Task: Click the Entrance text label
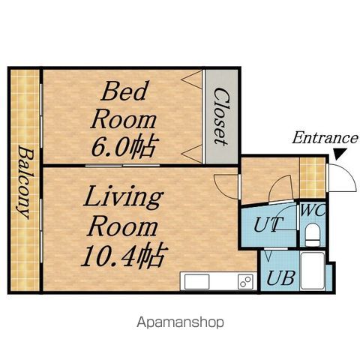click(325, 138)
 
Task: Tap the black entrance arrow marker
click(340, 154)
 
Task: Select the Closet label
click(221, 116)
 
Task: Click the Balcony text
click(25, 182)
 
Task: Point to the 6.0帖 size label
click(125, 147)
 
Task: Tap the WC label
click(313, 211)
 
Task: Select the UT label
click(268, 224)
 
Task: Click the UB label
click(281, 278)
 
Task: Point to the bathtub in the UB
click(313, 271)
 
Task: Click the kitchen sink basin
click(196, 281)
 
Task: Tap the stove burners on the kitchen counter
click(245, 281)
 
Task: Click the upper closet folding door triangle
click(192, 79)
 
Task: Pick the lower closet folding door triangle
click(192, 154)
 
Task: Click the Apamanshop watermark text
click(180, 322)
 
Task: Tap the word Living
click(123, 197)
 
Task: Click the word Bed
click(124, 91)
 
